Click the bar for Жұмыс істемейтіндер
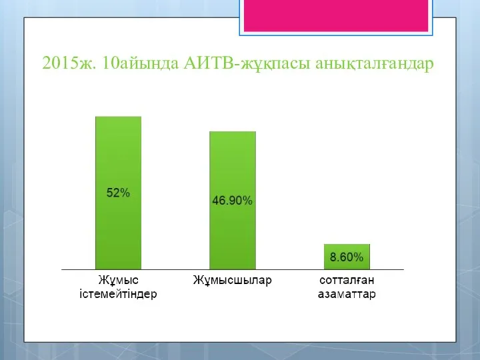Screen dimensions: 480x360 click(118, 193)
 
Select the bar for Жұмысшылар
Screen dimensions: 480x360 click(233, 201)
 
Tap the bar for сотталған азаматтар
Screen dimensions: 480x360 click(347, 257)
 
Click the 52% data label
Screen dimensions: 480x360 click(118, 193)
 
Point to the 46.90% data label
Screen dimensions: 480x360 click(233, 201)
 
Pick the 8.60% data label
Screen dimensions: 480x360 click(347, 257)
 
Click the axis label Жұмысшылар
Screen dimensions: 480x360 click(233, 281)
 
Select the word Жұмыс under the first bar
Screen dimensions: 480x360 click(118, 281)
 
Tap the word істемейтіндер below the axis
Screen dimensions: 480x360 click(118, 294)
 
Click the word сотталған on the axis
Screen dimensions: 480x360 click(347, 281)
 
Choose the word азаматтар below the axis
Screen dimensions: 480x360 click(347, 294)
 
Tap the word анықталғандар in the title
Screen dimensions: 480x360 click(375, 64)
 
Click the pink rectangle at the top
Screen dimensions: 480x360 click(336, 15)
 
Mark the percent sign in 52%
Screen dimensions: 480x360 click(125, 193)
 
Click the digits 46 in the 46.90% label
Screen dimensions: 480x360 click(219, 201)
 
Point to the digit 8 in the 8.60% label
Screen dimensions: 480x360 click(333, 257)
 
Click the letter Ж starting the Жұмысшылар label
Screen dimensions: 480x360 click(198, 280)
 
